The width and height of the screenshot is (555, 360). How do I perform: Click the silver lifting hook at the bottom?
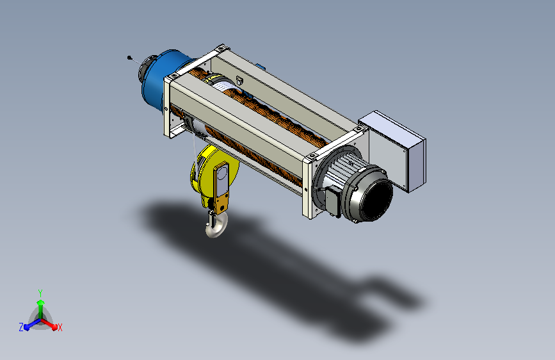216,227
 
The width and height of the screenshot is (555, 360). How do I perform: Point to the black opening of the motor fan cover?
378,199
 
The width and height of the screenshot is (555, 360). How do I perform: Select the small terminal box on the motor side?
334,201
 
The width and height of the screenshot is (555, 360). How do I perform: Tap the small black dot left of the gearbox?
129,58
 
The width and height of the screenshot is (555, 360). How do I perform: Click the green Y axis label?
40,293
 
